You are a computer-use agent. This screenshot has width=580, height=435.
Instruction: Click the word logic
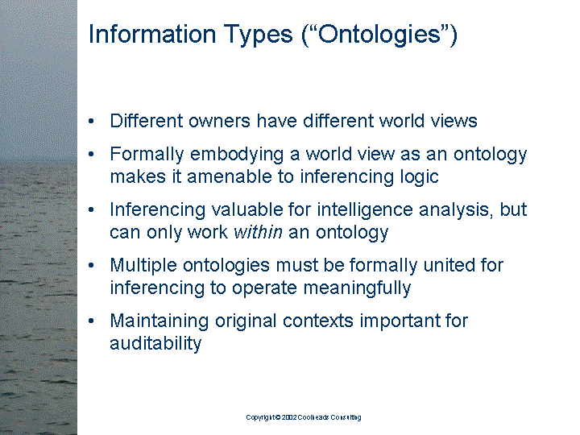pyautogui.click(x=416, y=176)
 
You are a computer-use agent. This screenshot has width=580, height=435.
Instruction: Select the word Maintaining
pyautogui.click(x=159, y=321)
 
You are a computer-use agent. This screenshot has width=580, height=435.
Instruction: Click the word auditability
pyautogui.click(x=155, y=343)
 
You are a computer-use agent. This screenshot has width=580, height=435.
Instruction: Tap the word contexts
pyautogui.click(x=321, y=321)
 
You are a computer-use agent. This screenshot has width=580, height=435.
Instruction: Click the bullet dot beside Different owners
pyautogui.click(x=93, y=122)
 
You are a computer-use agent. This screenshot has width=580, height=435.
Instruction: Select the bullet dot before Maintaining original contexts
pyautogui.click(x=93, y=321)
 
